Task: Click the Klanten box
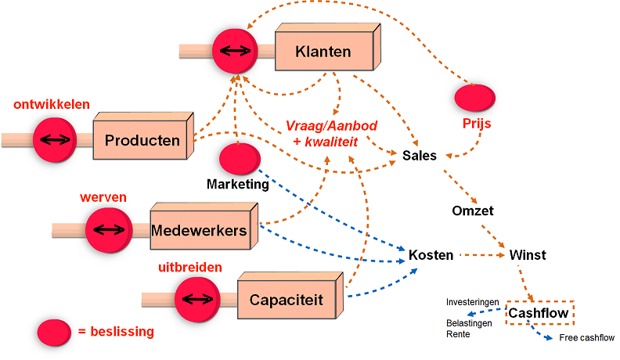click(x=323, y=52)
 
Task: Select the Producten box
click(x=142, y=141)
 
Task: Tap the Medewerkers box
click(x=200, y=231)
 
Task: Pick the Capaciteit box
click(x=286, y=300)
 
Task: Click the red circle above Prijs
click(x=474, y=98)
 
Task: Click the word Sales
click(x=420, y=156)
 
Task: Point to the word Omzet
click(x=473, y=211)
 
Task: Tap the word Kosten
click(x=431, y=255)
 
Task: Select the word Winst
click(x=528, y=255)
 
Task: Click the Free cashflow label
click(x=586, y=338)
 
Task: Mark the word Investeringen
click(x=473, y=302)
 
